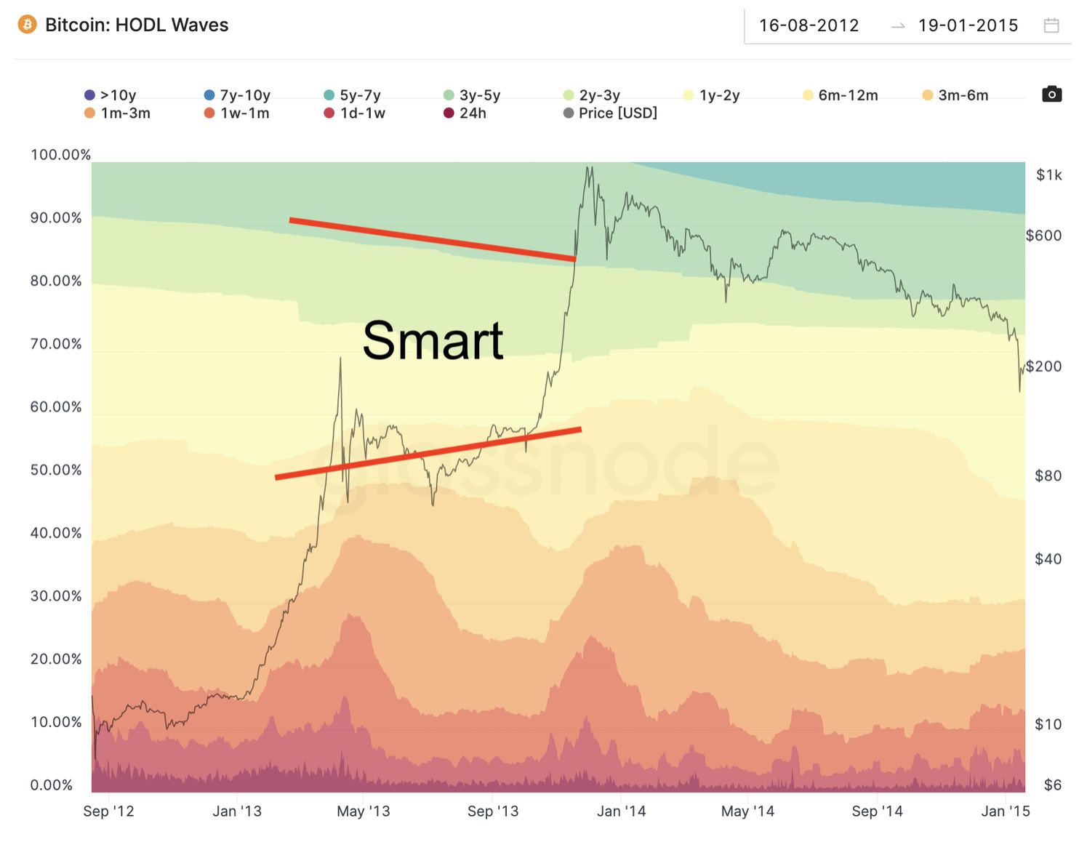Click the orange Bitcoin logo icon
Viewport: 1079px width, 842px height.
coord(27,25)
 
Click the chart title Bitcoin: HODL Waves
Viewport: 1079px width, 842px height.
coord(137,25)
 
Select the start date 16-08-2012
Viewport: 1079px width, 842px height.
coord(809,26)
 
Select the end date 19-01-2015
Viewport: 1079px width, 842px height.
coord(968,26)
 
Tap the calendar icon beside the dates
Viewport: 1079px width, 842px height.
coord(1051,26)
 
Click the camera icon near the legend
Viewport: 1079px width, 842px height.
coord(1051,95)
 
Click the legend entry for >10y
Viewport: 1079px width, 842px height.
coord(111,95)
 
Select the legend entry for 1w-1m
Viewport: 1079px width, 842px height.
coord(237,113)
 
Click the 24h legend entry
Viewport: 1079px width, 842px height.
coord(465,113)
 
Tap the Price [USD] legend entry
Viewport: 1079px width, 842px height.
coord(610,113)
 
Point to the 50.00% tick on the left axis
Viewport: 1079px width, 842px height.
coord(56,470)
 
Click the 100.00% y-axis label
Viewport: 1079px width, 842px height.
coord(60,155)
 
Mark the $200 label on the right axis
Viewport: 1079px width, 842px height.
coord(1043,366)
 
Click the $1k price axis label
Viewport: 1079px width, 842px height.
coord(1048,175)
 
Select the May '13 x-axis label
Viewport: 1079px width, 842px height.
coord(364,811)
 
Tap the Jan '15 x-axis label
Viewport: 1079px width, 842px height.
coord(1006,811)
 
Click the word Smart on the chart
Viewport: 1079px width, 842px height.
coord(433,340)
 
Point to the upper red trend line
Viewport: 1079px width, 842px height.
coord(433,239)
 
